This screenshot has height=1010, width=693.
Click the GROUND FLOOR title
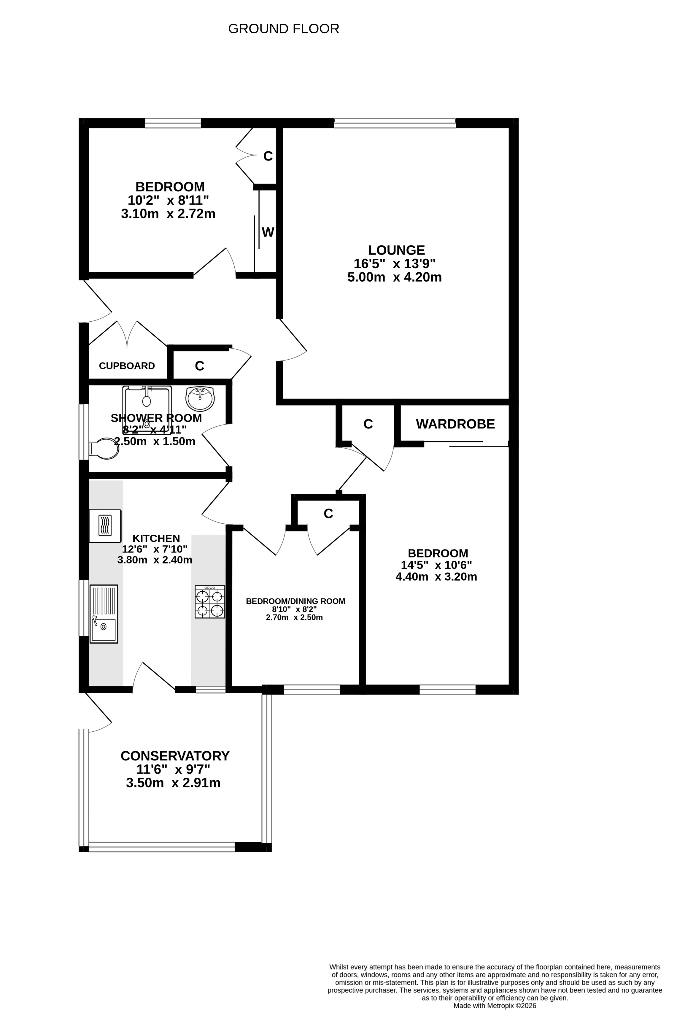(283, 29)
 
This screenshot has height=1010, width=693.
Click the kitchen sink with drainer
(104, 614)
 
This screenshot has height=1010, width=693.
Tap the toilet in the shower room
(104, 449)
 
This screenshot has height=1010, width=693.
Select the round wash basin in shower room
(200, 398)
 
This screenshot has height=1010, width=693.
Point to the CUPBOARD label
(127, 366)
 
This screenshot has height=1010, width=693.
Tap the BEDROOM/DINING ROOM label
(295, 601)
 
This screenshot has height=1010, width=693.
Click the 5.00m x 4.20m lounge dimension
(395, 277)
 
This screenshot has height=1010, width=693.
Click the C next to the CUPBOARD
(199, 366)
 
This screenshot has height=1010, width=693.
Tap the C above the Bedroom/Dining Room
(328, 514)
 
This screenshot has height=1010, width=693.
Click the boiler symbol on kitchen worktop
(105, 525)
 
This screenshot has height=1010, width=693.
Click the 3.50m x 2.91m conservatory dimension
(173, 783)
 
